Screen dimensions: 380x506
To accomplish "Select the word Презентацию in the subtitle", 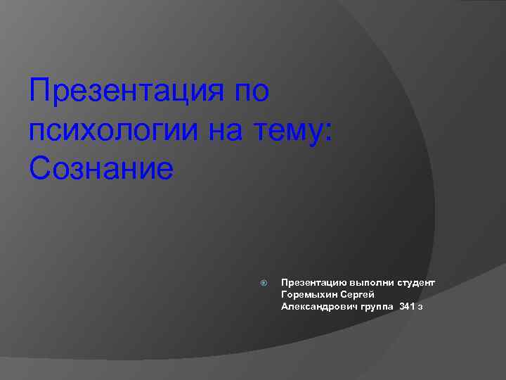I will tap(311, 282).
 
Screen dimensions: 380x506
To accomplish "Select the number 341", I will tap(407, 306).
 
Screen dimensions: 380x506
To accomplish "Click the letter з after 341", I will tap(420, 307).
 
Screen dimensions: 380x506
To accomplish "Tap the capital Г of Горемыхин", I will tap(284, 294).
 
